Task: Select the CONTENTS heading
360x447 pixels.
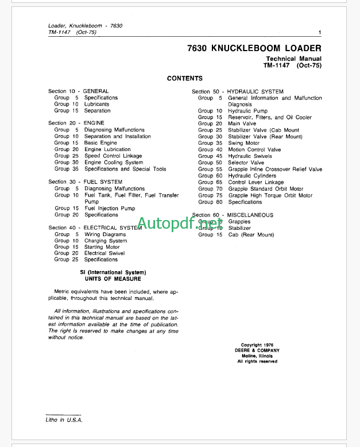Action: (184, 78)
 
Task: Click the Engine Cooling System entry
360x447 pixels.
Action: (114, 163)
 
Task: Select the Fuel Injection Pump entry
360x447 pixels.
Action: (110, 209)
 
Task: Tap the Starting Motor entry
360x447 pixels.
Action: (102, 247)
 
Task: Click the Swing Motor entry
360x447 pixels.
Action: (243, 144)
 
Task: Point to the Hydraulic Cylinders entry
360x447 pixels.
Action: (251, 176)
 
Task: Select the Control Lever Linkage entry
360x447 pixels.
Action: (256, 183)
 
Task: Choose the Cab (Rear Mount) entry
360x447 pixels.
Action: (251, 235)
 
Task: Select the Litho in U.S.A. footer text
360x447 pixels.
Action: (65, 421)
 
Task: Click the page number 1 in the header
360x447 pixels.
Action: (319, 33)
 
